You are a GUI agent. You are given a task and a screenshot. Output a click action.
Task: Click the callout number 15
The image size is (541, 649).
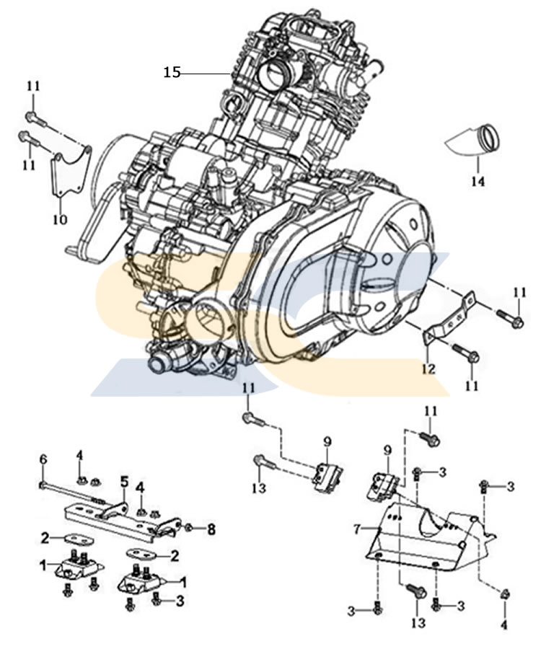coord(171,72)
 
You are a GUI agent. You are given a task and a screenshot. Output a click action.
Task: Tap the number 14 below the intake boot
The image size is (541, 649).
coord(478,181)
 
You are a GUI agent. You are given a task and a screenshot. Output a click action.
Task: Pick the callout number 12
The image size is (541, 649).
coord(428,369)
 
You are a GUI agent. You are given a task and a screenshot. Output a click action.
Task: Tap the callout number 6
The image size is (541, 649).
coord(43,459)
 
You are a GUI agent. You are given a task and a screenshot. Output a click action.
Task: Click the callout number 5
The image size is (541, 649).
coord(124,481)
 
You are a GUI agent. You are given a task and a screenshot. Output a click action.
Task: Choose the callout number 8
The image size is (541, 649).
coord(211,529)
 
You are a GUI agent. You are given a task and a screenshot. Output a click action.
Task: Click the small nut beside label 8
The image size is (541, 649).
coord(190,528)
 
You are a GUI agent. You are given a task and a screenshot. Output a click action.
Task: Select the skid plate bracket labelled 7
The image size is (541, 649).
coord(426,537)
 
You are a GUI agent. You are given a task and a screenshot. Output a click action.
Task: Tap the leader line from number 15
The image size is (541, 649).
coord(206,73)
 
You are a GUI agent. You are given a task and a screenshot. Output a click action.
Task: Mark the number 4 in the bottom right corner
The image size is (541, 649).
coord(503,625)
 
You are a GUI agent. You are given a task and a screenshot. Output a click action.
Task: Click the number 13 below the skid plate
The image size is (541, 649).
coord(417,622)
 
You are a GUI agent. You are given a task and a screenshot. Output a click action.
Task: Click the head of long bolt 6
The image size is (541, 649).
coord(43,483)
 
